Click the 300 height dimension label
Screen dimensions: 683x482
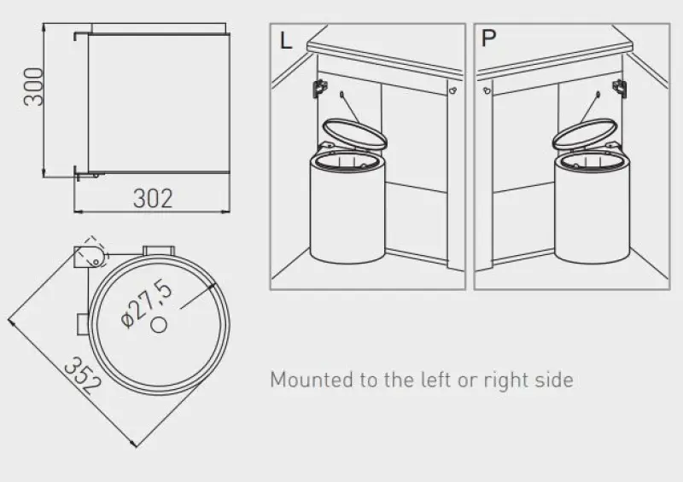[x=34, y=87]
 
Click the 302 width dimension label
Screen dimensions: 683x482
[x=153, y=199]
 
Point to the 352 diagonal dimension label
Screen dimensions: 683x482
[x=83, y=375]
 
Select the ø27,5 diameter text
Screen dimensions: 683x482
[x=147, y=304]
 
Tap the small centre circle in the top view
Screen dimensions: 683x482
[x=159, y=325]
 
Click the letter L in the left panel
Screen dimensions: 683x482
[x=286, y=41]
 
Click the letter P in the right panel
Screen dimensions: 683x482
[x=488, y=38]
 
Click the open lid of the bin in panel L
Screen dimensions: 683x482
[x=354, y=134]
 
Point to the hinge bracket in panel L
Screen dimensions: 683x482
[x=320, y=88]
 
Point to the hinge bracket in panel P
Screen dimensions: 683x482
[x=620, y=88]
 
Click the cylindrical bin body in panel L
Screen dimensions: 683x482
[x=347, y=209]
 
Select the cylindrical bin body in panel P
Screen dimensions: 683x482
[x=593, y=209]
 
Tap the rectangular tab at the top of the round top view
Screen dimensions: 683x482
[x=159, y=251]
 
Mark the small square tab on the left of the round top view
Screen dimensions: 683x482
[x=83, y=324]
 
